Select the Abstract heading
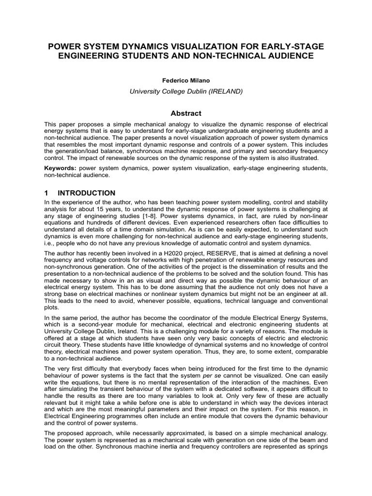coord(186,113)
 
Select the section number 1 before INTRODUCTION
coord(46,193)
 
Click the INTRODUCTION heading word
coord(87,193)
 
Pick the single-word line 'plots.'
coord(51,307)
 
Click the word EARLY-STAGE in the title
coord(296,46)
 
